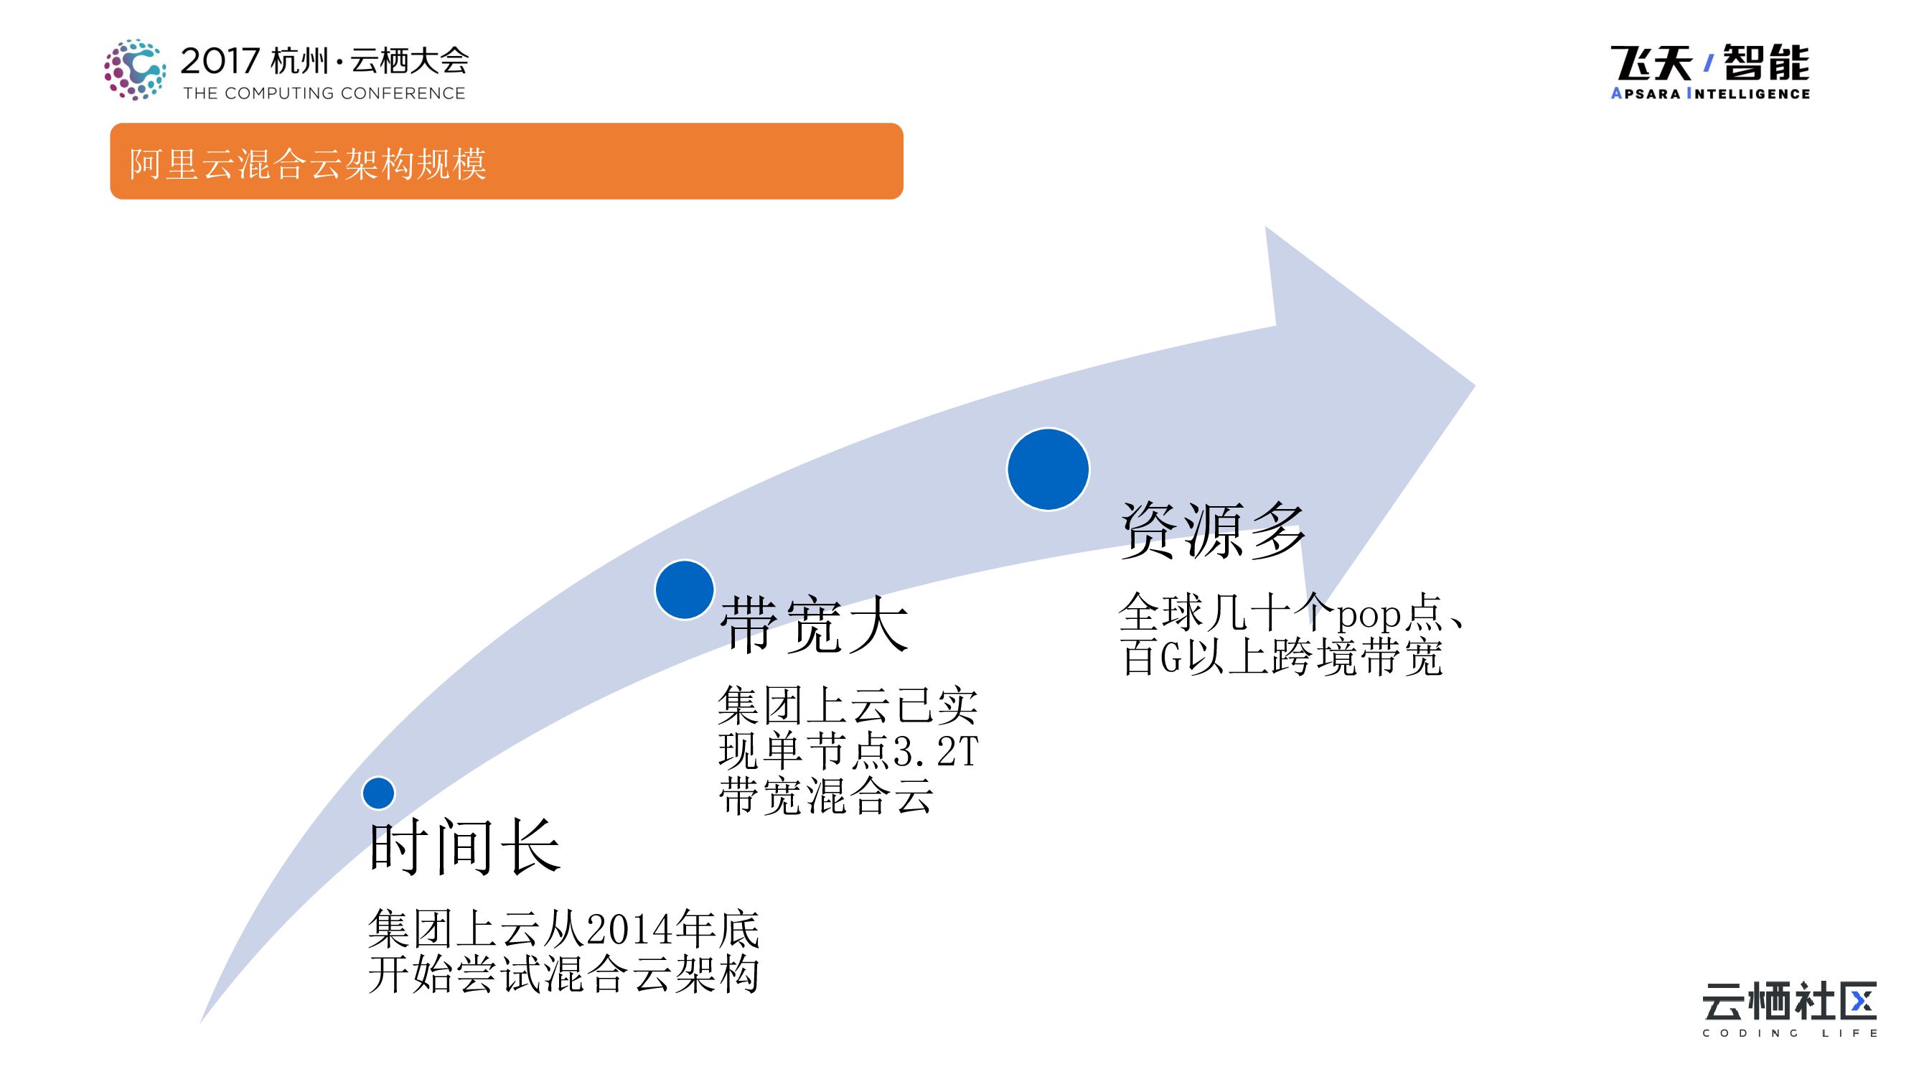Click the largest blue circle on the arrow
pos(1048,469)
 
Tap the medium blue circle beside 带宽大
pos(685,589)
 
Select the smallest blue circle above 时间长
pos(378,793)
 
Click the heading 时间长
pos(464,847)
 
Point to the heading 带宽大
pos(815,625)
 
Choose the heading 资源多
pos(1213,530)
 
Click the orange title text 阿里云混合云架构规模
pos(308,164)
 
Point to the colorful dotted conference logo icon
pos(134,70)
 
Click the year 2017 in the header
pos(220,61)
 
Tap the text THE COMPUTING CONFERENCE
pos(324,93)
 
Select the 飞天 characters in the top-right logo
pos(1650,63)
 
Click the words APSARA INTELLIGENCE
pos(1709,93)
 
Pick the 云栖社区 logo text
pos(1789,1000)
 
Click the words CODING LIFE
pos(1789,1033)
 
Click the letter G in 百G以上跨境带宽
pos(1171,658)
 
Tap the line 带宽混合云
pos(825,796)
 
